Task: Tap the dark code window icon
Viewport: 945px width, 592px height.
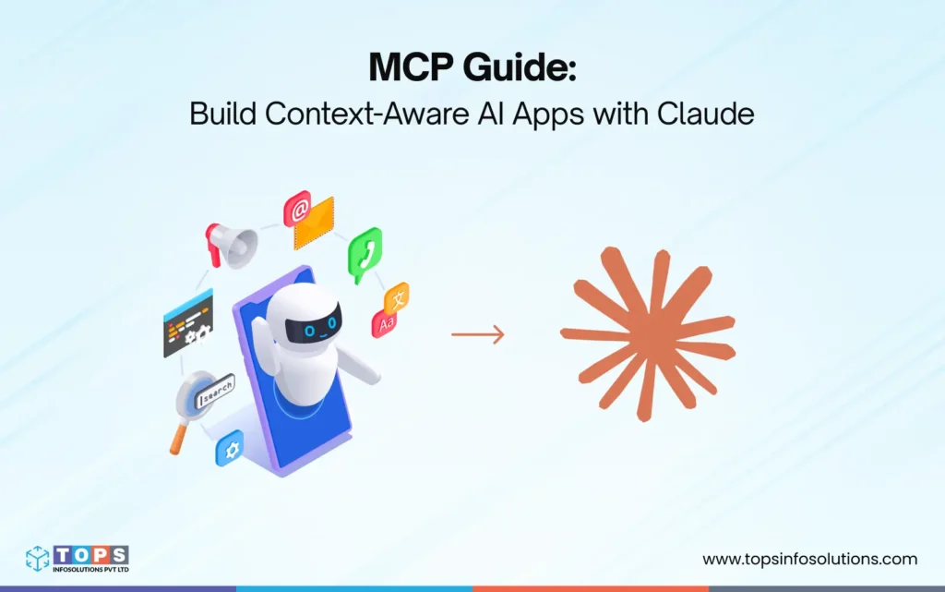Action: click(188, 323)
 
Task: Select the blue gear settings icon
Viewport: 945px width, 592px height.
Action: click(228, 448)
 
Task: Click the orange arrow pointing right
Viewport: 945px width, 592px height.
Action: click(478, 334)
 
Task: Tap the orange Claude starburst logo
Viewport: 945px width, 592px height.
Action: click(648, 334)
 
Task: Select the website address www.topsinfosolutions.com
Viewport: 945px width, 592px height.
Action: click(809, 559)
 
